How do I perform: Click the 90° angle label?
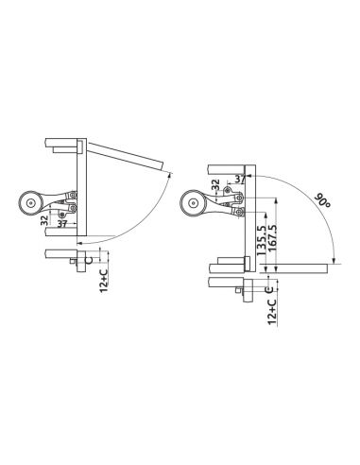point(322,200)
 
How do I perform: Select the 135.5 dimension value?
point(261,241)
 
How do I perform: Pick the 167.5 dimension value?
point(272,237)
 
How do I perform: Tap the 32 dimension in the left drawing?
point(44,220)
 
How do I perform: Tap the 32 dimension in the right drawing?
point(215,184)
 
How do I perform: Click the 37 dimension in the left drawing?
point(62,224)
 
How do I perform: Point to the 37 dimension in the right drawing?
point(240,179)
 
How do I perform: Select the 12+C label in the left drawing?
point(104,281)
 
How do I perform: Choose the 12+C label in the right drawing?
point(272,312)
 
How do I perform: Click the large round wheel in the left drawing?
point(30,203)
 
